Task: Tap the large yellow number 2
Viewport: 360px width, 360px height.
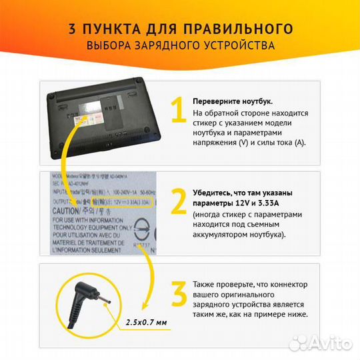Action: coord(178,201)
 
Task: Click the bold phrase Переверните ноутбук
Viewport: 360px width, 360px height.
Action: coord(233,101)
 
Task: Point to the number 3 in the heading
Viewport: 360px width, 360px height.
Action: coord(72,29)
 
